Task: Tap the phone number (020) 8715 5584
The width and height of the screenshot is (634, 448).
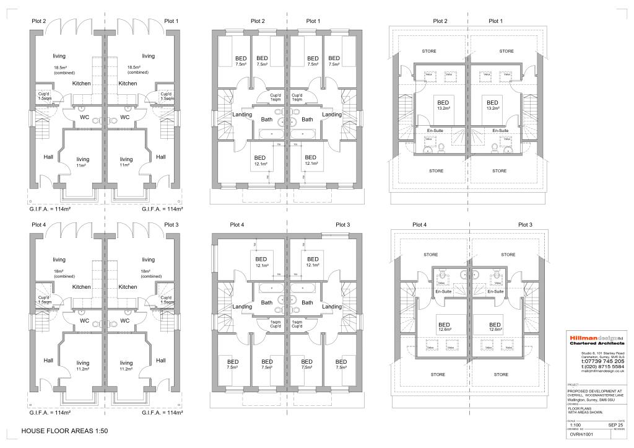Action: pos(602,366)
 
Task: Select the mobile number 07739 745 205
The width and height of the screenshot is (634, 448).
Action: pos(602,361)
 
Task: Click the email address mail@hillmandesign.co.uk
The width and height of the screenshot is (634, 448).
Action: pos(600,372)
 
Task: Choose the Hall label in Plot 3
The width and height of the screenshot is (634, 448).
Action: pos(161,360)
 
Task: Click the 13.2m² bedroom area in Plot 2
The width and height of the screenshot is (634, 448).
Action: pos(443,108)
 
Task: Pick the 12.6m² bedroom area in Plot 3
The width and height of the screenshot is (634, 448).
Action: pos(495,330)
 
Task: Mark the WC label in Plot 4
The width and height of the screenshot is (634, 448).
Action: pos(84,320)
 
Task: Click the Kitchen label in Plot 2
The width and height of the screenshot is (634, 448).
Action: pos(81,83)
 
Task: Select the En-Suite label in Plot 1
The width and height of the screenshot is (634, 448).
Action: pos(500,131)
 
